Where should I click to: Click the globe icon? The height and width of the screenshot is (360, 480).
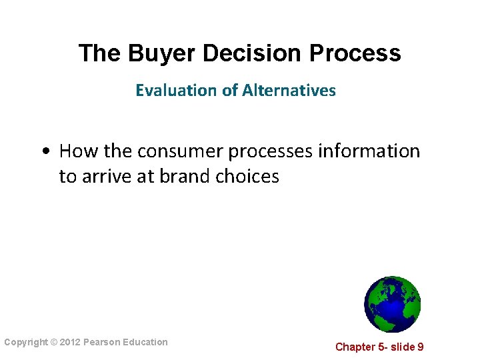393,304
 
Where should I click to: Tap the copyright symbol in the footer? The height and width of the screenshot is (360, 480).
55,342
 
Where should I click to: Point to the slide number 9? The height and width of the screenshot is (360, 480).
420,347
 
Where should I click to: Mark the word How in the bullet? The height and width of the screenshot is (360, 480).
78,151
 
